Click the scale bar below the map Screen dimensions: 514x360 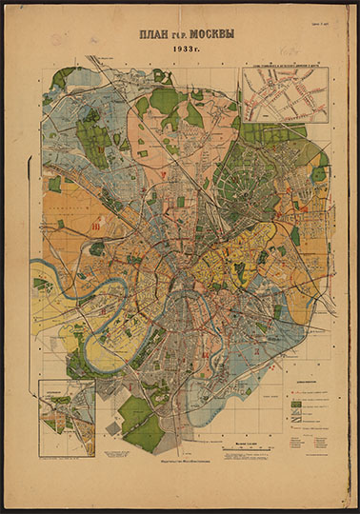click(248, 446)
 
